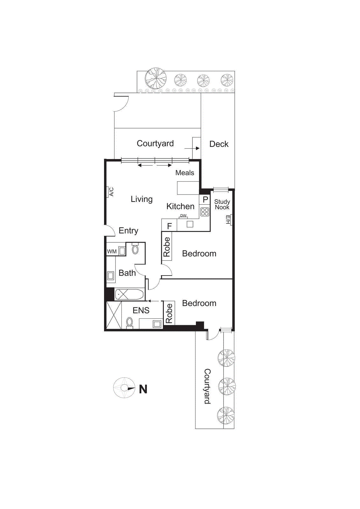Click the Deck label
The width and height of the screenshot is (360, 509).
coord(219,144)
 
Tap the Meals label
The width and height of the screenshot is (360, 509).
coord(185,173)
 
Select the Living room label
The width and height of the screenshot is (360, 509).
coord(142,199)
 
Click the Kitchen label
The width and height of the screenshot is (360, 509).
coord(180,206)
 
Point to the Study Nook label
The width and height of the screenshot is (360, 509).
coord(222,205)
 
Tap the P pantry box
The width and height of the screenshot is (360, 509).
coord(205,199)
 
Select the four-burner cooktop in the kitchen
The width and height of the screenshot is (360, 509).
coord(205,212)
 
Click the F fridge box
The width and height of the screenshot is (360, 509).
coord(170,226)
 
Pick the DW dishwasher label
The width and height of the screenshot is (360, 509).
coord(183,216)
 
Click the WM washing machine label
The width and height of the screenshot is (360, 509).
coord(112,251)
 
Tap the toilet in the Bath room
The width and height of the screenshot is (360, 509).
coord(135,249)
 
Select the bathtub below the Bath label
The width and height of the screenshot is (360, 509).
coord(129,295)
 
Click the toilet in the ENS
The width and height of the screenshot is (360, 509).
coord(129,323)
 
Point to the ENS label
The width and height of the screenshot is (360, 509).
coord(141,310)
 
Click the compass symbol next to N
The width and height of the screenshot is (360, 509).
coord(124,388)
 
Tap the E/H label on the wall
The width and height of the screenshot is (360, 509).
coord(228,220)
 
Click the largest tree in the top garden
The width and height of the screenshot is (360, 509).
coord(156,78)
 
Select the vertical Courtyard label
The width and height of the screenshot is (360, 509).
coord(207,386)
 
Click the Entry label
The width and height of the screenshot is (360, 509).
coord(128,231)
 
